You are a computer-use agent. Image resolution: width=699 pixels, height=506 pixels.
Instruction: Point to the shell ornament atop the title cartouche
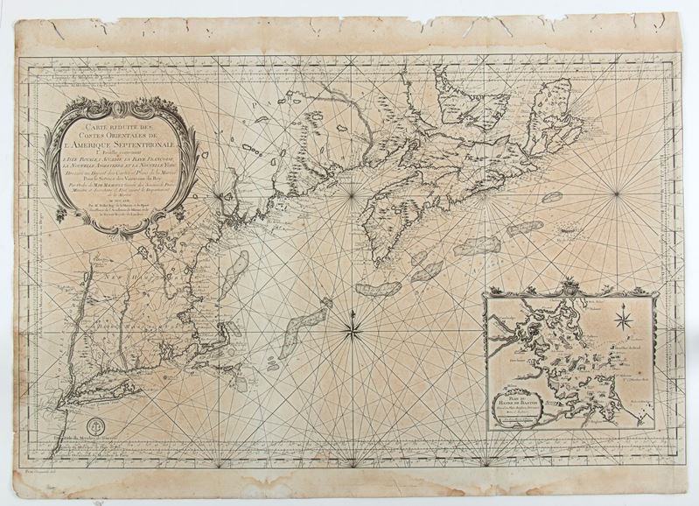tap(121, 103)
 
